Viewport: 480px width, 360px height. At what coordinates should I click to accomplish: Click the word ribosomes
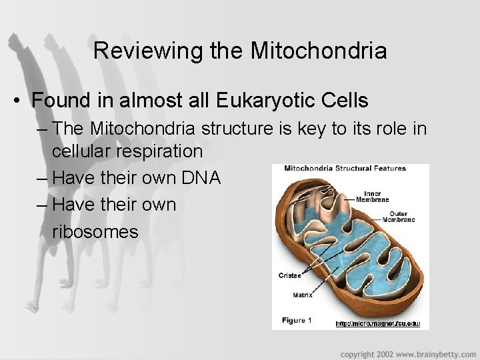pyautogui.click(x=95, y=231)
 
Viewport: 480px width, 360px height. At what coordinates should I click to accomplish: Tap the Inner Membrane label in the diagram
pyautogui.click(x=367, y=197)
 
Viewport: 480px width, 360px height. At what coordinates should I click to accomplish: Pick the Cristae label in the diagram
pyautogui.click(x=290, y=275)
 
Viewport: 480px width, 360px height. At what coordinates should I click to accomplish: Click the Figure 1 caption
pyautogui.click(x=297, y=321)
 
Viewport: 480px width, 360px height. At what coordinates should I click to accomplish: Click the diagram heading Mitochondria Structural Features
pyautogui.click(x=345, y=169)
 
